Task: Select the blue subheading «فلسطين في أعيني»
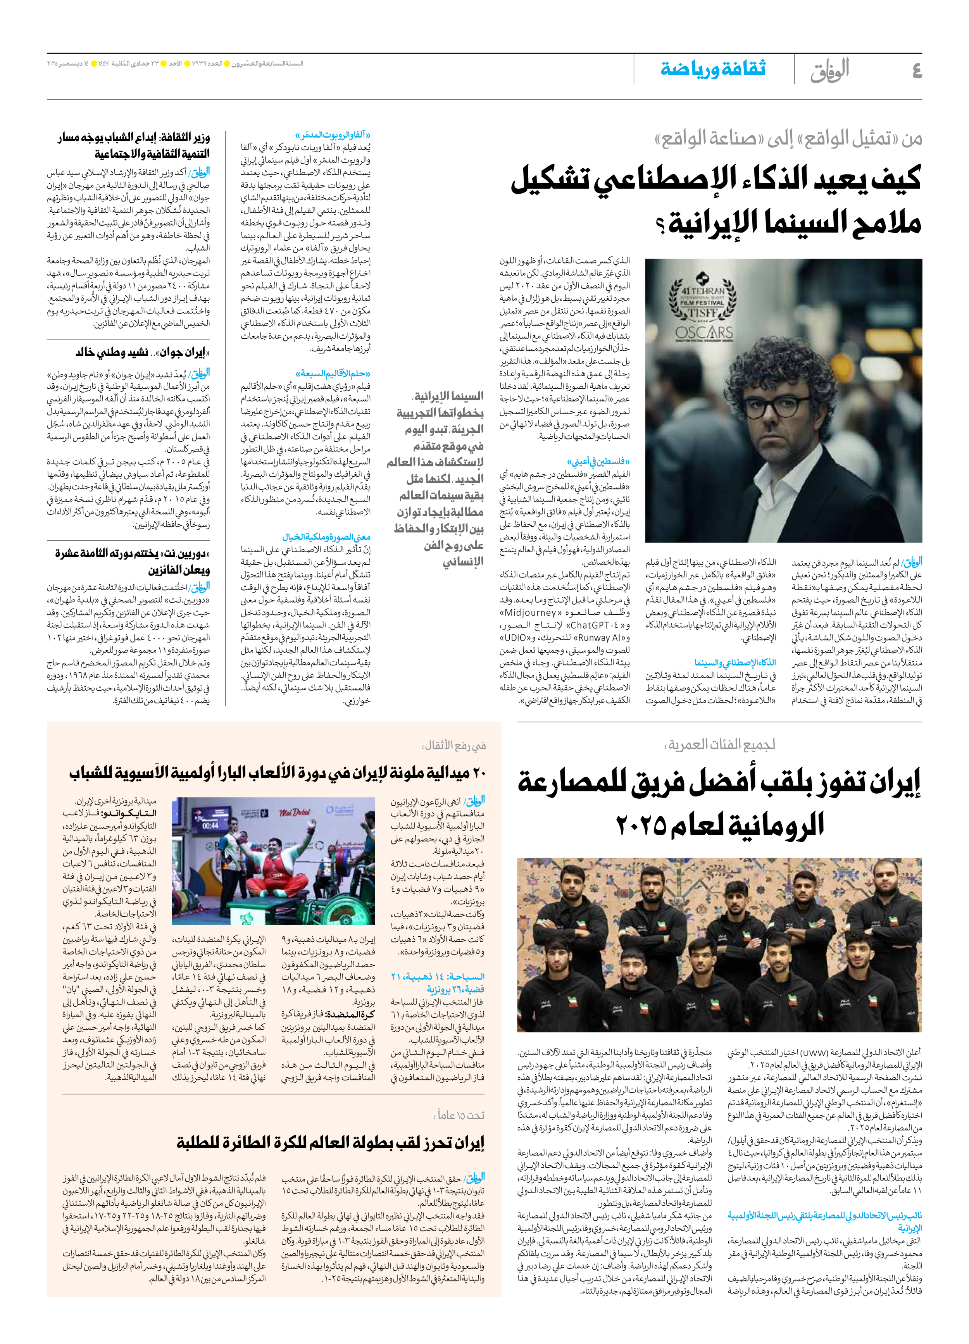(598, 461)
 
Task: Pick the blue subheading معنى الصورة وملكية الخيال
(327, 537)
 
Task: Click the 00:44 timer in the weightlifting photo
(210, 825)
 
